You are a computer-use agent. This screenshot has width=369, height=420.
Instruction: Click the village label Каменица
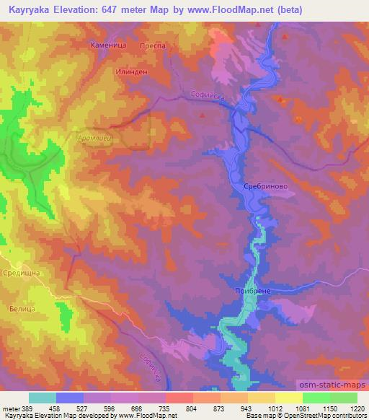pos(108,45)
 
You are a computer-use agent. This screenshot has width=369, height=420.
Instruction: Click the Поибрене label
pos(252,290)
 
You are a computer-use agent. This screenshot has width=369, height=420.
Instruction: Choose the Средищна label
pos(22,274)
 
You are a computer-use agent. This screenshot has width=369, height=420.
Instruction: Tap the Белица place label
pos(22,307)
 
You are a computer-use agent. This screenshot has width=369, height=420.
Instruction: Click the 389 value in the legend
pos(27,409)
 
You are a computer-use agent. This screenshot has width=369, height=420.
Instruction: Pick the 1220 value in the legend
pos(357,409)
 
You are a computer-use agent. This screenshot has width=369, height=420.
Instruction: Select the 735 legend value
pos(164,409)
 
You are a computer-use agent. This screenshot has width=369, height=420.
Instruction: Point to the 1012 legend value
pos(275,409)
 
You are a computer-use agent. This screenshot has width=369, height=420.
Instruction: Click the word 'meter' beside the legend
pos(9,409)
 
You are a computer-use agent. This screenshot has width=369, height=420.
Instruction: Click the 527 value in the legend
pos(81,409)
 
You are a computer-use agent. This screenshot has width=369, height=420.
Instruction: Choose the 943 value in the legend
pos(247,409)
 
